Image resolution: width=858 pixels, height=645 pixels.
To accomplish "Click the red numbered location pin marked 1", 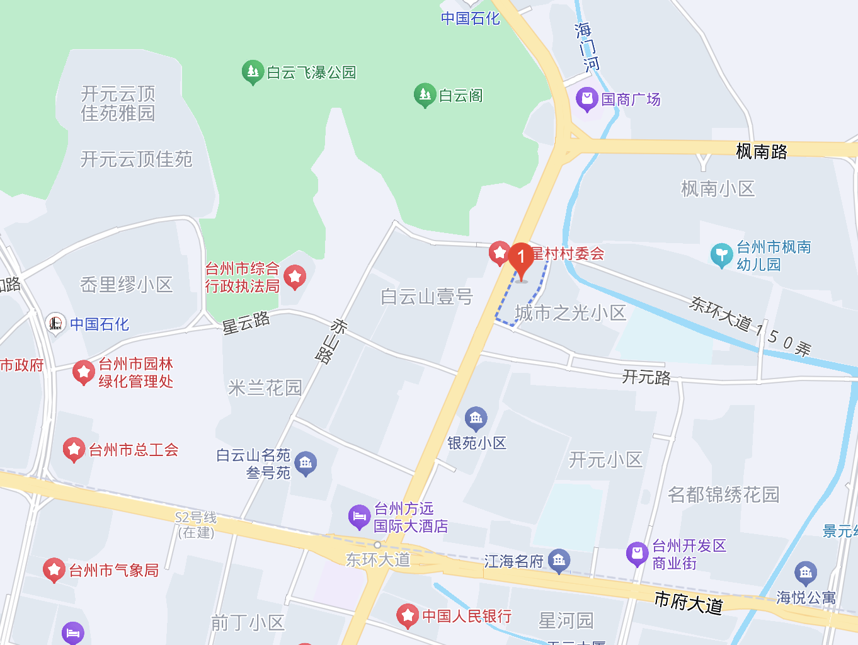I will tap(521, 258).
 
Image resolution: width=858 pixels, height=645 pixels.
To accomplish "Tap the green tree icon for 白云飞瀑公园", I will tap(252, 72).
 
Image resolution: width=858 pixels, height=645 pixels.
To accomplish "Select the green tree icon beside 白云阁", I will tap(425, 95).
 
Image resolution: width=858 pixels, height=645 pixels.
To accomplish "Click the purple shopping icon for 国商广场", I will tap(586, 99).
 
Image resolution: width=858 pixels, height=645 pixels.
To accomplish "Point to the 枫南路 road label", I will tap(762, 151).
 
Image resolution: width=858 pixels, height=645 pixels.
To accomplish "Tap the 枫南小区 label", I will tap(718, 188).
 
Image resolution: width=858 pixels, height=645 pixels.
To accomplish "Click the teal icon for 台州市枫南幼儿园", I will tap(721, 255).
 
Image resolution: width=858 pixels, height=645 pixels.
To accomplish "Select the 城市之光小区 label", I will tap(570, 312).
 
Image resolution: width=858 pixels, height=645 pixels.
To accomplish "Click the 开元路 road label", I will tap(646, 377).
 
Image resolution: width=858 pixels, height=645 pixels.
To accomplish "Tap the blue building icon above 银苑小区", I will tap(476, 418).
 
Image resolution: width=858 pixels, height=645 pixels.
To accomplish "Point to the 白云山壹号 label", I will tap(426, 296).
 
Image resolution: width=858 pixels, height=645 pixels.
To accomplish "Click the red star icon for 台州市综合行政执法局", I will tap(295, 277).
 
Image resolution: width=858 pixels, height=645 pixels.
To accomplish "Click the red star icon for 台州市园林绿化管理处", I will tap(83, 372).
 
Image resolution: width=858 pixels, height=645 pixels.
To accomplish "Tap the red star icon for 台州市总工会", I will tap(74, 449).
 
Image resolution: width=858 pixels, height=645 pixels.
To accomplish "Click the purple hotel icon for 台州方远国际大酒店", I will tap(359, 517).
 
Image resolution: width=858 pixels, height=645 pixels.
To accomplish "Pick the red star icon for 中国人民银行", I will tap(408, 615).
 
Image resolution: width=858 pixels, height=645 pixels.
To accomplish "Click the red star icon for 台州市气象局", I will tap(54, 570).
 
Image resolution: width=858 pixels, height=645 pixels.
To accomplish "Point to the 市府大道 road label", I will tap(689, 602).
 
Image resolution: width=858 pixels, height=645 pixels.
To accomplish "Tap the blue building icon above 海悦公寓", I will tap(806, 573).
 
